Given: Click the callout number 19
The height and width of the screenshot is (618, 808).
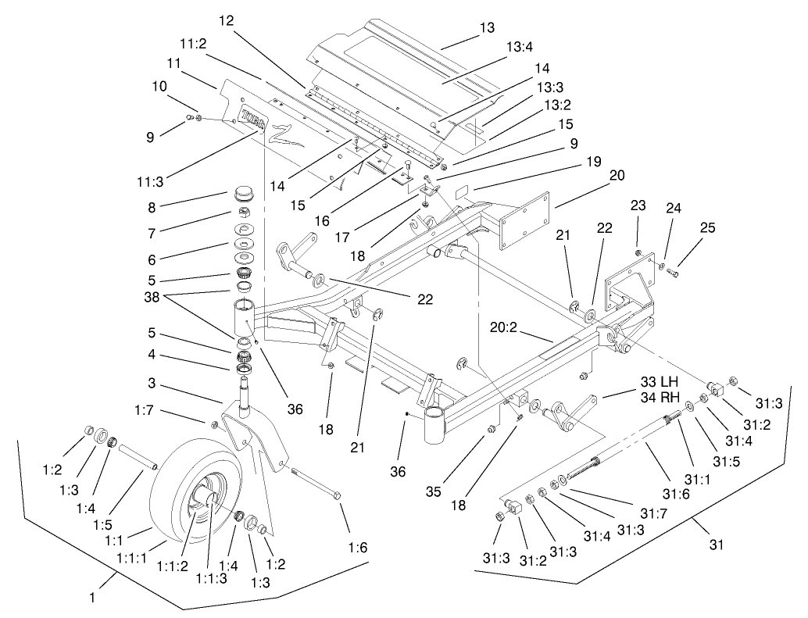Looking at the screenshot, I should point(594,162).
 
